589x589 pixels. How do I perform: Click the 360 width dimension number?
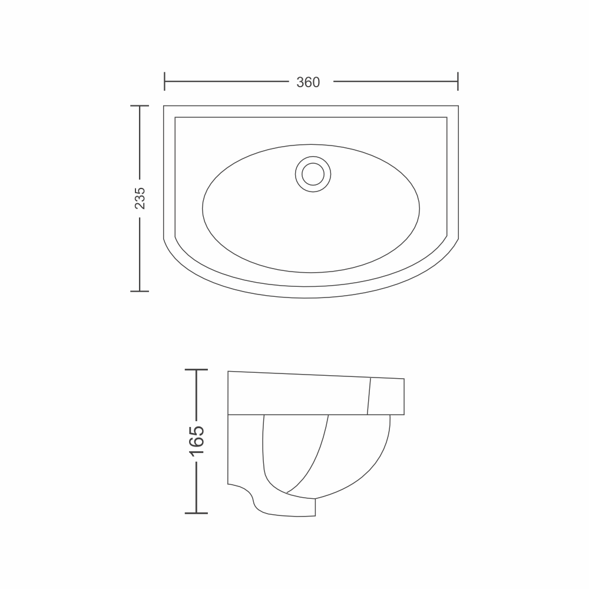(308, 82)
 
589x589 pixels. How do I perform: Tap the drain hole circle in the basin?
(313, 174)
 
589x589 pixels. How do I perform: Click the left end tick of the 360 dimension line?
(164, 81)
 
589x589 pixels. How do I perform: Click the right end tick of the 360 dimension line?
(458, 81)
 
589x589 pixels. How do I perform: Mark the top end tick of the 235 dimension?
(140, 106)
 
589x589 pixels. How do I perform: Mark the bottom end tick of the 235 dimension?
(140, 291)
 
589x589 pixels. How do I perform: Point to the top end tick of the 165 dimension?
(197, 370)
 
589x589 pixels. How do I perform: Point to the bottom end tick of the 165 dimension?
(197, 513)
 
